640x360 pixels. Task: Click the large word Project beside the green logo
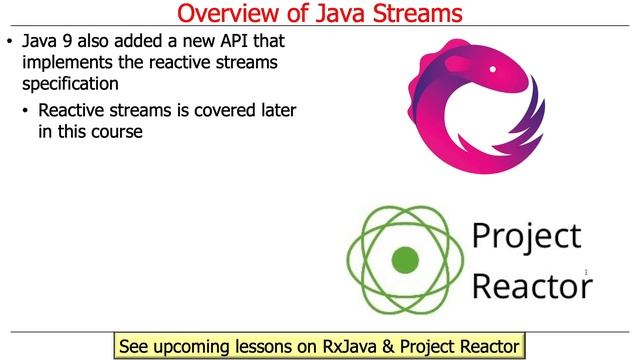(526, 237)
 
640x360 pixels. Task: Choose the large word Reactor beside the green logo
(530, 286)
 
